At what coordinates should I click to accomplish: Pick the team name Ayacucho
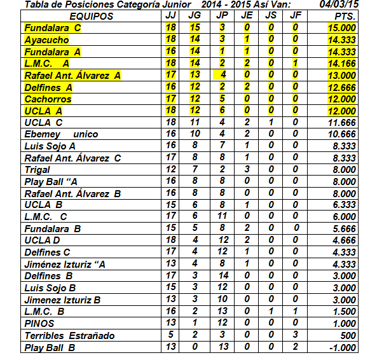(48, 40)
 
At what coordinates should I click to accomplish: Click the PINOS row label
(39, 324)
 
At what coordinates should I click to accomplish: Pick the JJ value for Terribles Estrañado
(170, 336)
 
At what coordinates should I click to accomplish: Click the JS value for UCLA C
(271, 123)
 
